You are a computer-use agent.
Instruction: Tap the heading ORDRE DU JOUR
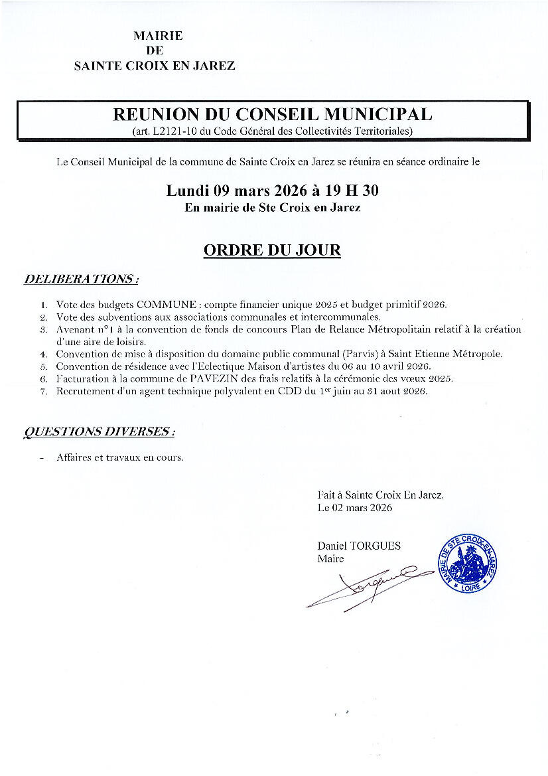tap(272, 250)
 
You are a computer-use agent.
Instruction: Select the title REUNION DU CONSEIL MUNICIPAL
tap(273, 114)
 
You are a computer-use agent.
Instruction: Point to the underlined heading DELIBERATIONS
tap(81, 279)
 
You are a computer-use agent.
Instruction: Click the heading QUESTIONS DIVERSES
tap(99, 431)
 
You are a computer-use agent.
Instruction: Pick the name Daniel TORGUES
tap(359, 546)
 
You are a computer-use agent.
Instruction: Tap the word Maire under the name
tap(331, 559)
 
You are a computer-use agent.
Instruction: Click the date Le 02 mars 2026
tap(355, 508)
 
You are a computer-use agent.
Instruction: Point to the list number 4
tap(43, 354)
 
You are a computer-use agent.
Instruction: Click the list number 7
tap(43, 391)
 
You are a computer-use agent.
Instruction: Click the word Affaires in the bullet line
tap(75, 457)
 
